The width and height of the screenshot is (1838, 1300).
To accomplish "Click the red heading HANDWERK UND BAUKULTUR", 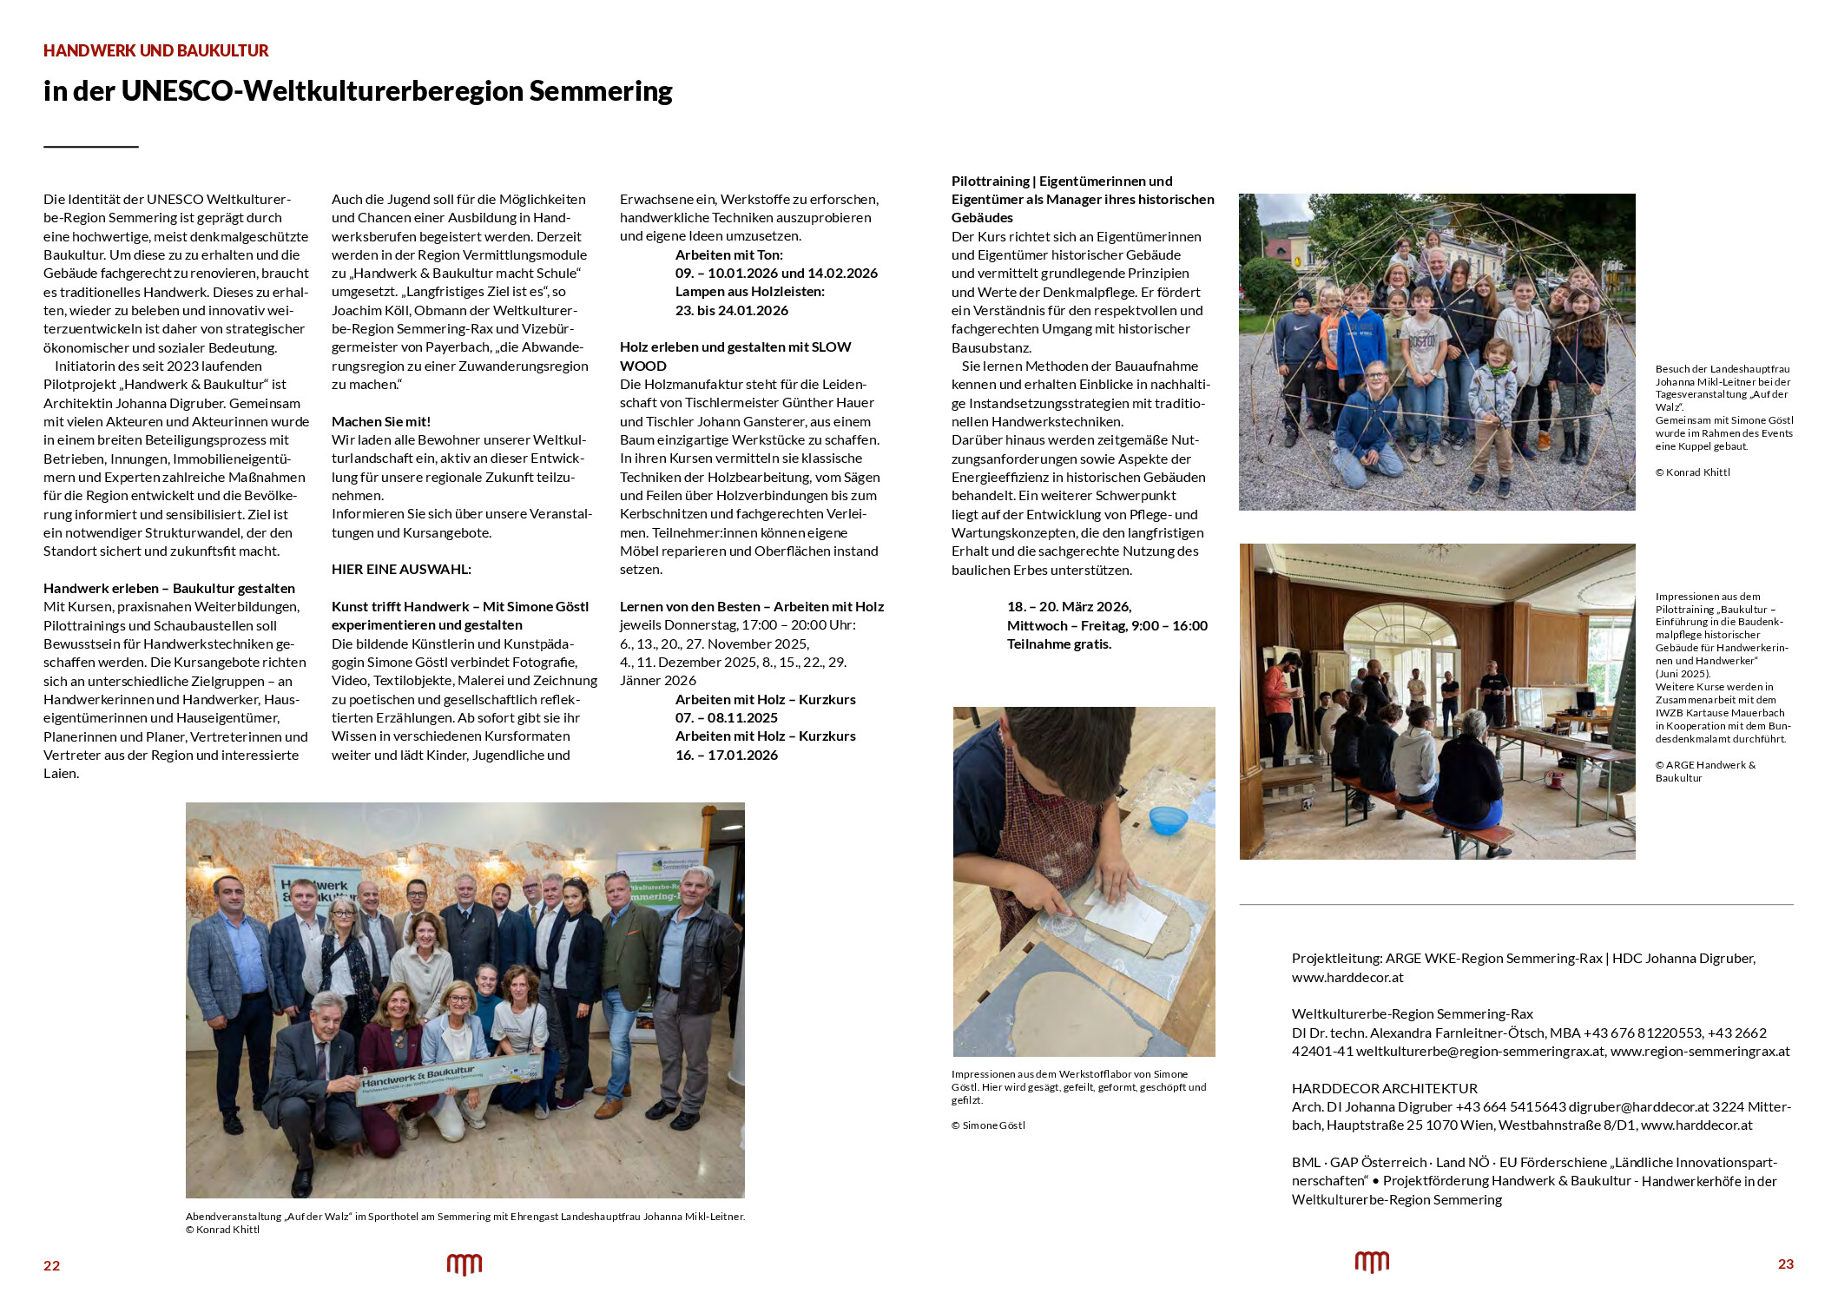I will (156, 51).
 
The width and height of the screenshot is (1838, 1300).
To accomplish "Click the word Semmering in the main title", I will (601, 91).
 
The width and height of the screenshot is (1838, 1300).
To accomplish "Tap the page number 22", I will (52, 1265).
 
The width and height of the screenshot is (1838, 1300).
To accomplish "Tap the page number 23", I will (1785, 1264).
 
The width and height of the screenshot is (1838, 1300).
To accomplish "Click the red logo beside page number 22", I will (464, 1264).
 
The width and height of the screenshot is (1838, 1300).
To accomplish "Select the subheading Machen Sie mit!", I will (381, 422).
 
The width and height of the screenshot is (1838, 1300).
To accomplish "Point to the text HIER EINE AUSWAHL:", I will (401, 570).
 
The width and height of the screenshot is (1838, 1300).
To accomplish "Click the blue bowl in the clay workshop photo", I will (1168, 819).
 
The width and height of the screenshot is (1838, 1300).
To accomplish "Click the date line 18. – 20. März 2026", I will (1069, 607).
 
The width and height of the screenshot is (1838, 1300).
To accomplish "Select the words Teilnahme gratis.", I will (1059, 644).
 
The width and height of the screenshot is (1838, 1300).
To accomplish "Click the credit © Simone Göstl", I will (988, 1125).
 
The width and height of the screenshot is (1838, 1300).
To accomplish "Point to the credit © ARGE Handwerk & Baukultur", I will (1704, 771).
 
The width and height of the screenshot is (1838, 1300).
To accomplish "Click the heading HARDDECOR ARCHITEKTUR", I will (1384, 1089).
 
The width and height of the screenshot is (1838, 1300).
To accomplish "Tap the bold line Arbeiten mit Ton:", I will (728, 255).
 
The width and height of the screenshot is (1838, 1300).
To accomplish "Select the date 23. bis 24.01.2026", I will (732, 311).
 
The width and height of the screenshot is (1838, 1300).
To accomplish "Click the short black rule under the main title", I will (91, 147).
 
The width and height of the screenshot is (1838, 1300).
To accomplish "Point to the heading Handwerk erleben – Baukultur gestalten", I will (169, 589).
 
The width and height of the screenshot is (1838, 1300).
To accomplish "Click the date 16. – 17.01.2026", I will (727, 756).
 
